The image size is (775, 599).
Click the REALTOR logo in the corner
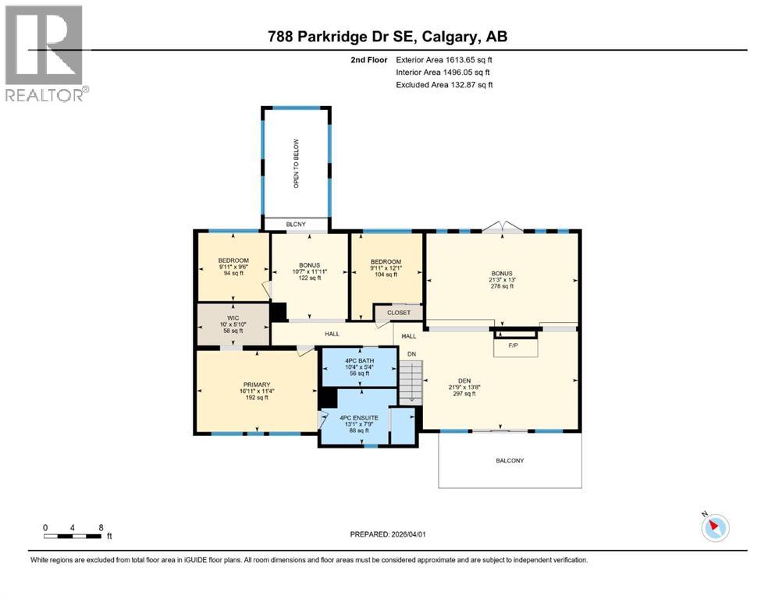44,53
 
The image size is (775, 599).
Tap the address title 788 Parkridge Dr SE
387,37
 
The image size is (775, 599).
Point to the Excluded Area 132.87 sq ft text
444,85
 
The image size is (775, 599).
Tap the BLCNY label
296,225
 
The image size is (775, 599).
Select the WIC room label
233,318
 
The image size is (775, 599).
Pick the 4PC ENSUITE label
359,418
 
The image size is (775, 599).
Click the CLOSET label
399,313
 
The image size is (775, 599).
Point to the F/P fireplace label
515,344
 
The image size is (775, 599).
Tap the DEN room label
461,381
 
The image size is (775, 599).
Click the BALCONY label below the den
510,461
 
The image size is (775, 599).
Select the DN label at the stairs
412,354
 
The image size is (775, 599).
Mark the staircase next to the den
411,383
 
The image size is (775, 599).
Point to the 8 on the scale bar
101,527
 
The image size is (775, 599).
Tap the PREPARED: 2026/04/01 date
387,534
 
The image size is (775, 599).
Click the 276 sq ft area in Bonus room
502,286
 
